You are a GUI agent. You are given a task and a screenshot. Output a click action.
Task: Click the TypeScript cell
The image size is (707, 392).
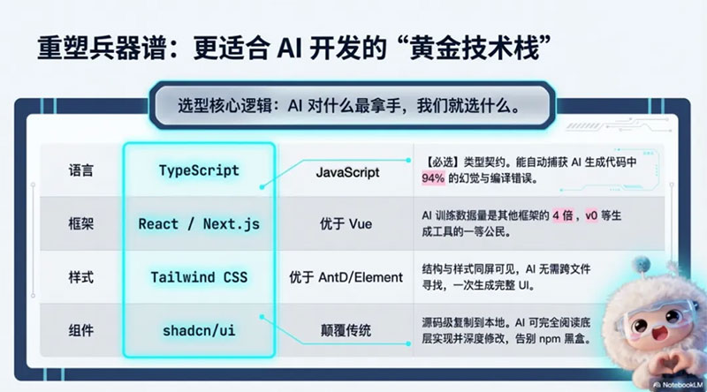pyautogui.click(x=199, y=170)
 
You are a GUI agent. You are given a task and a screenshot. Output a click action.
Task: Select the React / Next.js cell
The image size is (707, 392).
pyautogui.click(x=199, y=224)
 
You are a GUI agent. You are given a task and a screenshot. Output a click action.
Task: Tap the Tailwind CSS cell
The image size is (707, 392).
pyautogui.click(x=199, y=277)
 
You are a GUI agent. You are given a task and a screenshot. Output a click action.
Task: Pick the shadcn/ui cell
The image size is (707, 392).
pyautogui.click(x=199, y=331)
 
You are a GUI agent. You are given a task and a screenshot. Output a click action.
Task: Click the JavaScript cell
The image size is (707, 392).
pyautogui.click(x=347, y=172)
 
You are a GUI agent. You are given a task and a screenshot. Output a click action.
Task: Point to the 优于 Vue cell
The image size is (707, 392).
pyautogui.click(x=346, y=224)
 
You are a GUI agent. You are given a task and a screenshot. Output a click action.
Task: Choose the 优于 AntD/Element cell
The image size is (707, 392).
pyautogui.click(x=346, y=277)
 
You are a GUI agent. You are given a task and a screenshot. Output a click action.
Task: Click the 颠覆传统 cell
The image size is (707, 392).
pyautogui.click(x=346, y=331)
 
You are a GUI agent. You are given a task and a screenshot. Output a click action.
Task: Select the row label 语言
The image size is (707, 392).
pyautogui.click(x=80, y=170)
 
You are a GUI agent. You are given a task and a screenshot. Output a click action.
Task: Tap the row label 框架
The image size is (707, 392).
pyautogui.click(x=80, y=224)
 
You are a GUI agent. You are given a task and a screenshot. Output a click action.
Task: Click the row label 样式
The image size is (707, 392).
pyautogui.click(x=80, y=277)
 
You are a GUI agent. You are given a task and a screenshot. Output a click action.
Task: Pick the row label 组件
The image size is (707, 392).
pyautogui.click(x=80, y=331)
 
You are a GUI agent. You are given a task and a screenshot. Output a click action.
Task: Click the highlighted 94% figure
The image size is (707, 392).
pyautogui.click(x=433, y=178)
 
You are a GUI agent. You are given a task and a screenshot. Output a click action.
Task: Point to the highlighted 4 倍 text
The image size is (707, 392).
pyautogui.click(x=563, y=215)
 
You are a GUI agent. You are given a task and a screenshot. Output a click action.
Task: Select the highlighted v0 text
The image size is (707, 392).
pyautogui.click(x=591, y=215)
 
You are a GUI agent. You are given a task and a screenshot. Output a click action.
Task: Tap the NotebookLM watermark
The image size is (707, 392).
pyautogui.click(x=679, y=385)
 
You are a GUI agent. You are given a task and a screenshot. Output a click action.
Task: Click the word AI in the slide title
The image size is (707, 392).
pyautogui.click(x=289, y=48)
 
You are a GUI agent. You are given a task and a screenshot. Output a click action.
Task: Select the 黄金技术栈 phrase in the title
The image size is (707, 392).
pyautogui.click(x=475, y=48)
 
